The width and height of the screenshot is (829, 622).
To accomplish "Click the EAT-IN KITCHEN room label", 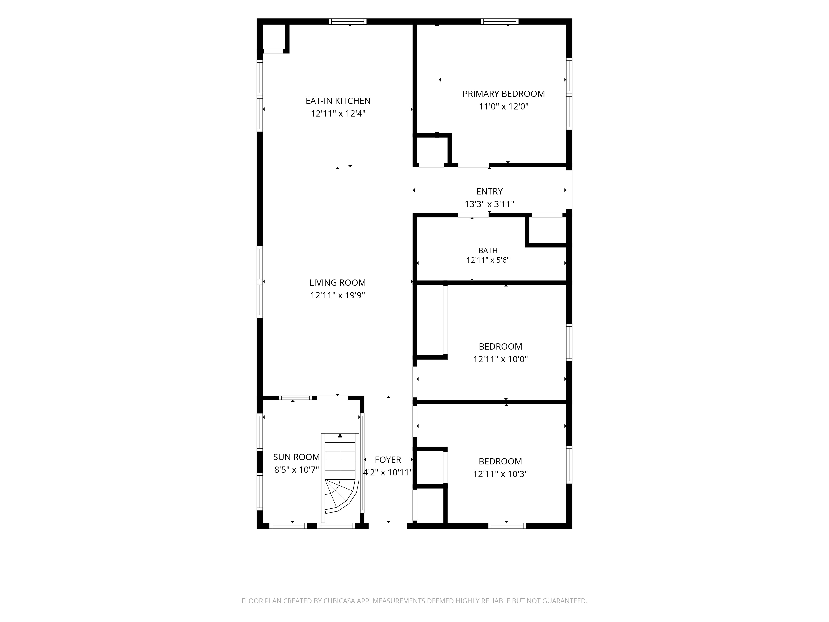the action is point(338,101).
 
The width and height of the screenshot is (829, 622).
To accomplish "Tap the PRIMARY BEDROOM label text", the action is point(503,94).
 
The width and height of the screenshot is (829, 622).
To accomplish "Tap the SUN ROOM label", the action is point(296,457).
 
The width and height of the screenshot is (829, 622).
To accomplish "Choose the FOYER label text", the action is point(388,460).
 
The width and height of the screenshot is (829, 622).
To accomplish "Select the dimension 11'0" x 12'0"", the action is point(503,107).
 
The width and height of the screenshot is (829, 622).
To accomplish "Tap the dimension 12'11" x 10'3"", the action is point(500,474).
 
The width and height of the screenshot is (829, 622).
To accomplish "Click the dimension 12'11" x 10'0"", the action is point(500,359).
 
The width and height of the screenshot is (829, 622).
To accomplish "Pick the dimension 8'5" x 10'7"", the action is point(296,470).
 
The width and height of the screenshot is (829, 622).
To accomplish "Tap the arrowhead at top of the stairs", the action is point(340,436).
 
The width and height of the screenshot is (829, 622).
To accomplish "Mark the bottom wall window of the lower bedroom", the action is point(507,526).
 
